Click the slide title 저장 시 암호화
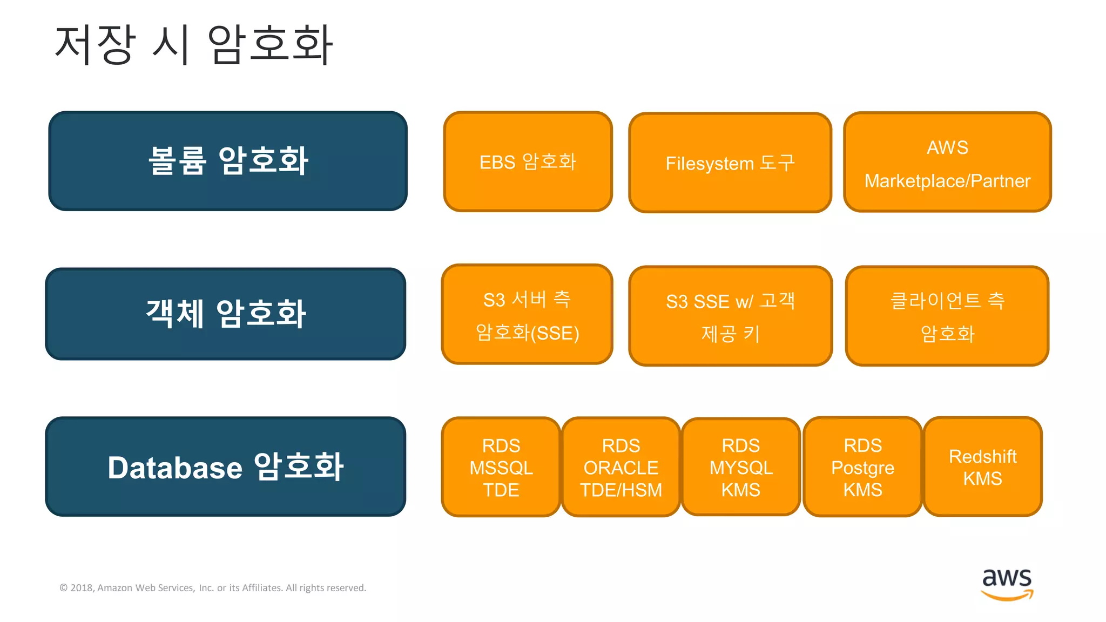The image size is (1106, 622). pyautogui.click(x=193, y=45)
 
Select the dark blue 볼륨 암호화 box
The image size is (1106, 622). pyautogui.click(x=228, y=161)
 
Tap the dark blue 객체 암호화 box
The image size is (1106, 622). pyautogui.click(x=226, y=314)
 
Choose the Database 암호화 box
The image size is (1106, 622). pyautogui.click(x=226, y=466)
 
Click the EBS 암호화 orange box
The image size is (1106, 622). pyautogui.click(x=528, y=161)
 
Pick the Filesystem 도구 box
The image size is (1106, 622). pyautogui.click(x=730, y=163)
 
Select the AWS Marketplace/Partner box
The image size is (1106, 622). pyautogui.click(x=947, y=162)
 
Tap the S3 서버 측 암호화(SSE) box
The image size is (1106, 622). pyautogui.click(x=527, y=314)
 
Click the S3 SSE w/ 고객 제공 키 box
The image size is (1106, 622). pyautogui.click(x=730, y=316)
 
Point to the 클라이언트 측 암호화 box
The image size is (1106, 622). pyautogui.click(x=947, y=316)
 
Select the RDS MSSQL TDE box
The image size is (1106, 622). pyautogui.click(x=501, y=467)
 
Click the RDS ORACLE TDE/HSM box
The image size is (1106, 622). pyautogui.click(x=621, y=467)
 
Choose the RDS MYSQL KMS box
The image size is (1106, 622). pyautogui.click(x=741, y=467)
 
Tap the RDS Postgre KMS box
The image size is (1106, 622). pyautogui.click(x=862, y=467)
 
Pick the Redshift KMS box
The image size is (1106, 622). pyautogui.click(x=983, y=467)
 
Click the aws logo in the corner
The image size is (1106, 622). pyautogui.click(x=1007, y=583)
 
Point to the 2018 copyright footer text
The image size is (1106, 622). pyautogui.click(x=213, y=587)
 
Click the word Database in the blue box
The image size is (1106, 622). pyautogui.click(x=175, y=468)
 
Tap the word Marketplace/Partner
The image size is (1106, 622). pyautogui.click(x=947, y=181)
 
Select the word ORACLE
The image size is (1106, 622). pyautogui.click(x=621, y=468)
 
